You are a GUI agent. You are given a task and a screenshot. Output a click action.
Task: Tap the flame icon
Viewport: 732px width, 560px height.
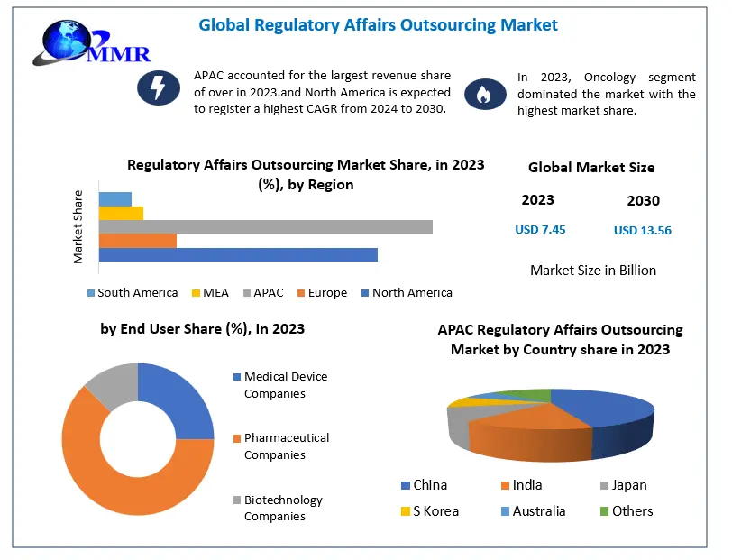coord(481,94)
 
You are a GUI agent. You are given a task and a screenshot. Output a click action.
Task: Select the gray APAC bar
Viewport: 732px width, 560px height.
coord(265,226)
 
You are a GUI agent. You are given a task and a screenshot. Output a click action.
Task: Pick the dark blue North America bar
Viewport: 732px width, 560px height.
coord(238,255)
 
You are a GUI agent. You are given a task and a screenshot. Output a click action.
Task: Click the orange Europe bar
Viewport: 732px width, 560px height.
coord(137,241)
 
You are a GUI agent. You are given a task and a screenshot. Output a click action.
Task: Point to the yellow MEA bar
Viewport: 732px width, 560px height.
coord(121,213)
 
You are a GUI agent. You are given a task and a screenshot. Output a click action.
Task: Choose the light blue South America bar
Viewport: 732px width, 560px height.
coord(114,198)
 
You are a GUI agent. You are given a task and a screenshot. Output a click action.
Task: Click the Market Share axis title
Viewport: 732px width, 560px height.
coord(78,226)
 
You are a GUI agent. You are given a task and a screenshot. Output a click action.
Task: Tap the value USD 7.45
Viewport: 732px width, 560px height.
coord(540,230)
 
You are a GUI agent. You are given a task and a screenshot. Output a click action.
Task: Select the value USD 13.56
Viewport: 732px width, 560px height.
coord(642,231)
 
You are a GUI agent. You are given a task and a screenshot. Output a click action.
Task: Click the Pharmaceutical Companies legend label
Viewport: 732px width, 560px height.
coord(286,446)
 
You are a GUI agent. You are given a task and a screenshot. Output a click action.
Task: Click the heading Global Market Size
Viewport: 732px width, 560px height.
coord(590,168)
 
